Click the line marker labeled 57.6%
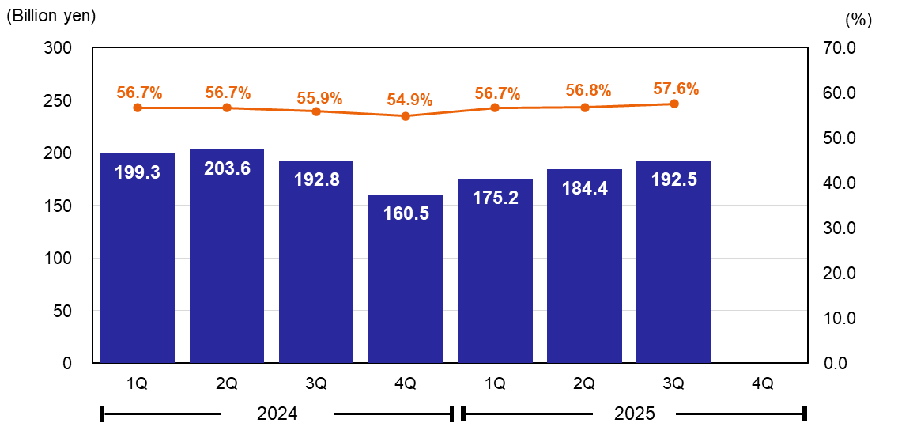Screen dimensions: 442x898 [x=674, y=104]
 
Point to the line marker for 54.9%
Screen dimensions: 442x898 [x=406, y=116]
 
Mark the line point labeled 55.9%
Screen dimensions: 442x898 [x=316, y=111]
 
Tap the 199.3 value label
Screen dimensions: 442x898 [x=138, y=172]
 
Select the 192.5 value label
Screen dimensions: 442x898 [x=674, y=179]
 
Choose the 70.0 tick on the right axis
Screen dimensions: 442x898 [x=840, y=48]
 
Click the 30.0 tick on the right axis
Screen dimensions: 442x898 [x=840, y=229]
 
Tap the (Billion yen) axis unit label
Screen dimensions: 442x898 [x=51, y=17]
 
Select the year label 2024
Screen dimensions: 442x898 [x=277, y=414]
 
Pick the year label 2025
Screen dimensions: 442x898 [x=636, y=414]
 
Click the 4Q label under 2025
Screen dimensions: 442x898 [x=763, y=384]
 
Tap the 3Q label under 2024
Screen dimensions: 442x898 [x=316, y=384]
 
